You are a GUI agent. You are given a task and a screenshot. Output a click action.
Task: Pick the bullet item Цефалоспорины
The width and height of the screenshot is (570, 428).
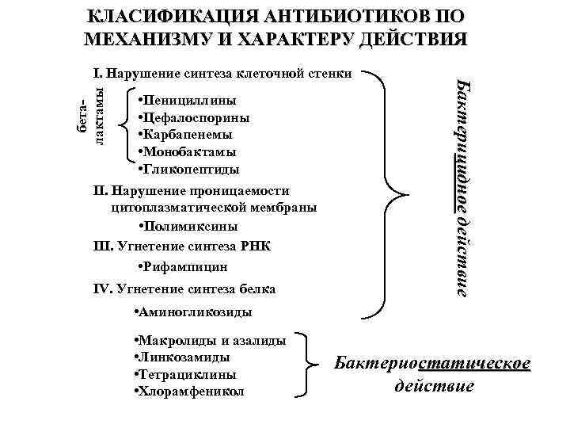click(x=194, y=117)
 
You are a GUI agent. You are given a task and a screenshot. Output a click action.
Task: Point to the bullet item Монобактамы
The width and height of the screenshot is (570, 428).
click(x=188, y=151)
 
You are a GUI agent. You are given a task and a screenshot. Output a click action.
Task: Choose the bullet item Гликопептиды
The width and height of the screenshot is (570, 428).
click(x=188, y=169)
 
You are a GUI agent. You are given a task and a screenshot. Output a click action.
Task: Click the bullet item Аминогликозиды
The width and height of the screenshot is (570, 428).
click(x=193, y=311)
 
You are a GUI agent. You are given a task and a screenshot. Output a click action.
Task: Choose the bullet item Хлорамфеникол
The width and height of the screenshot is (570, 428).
click(x=190, y=392)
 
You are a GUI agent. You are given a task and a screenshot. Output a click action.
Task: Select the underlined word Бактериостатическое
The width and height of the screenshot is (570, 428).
click(x=431, y=364)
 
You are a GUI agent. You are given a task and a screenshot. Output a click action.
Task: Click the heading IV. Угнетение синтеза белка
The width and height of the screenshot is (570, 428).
click(x=184, y=289)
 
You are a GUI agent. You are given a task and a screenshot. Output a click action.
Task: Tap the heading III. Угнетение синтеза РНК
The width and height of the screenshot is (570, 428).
click(x=181, y=246)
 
